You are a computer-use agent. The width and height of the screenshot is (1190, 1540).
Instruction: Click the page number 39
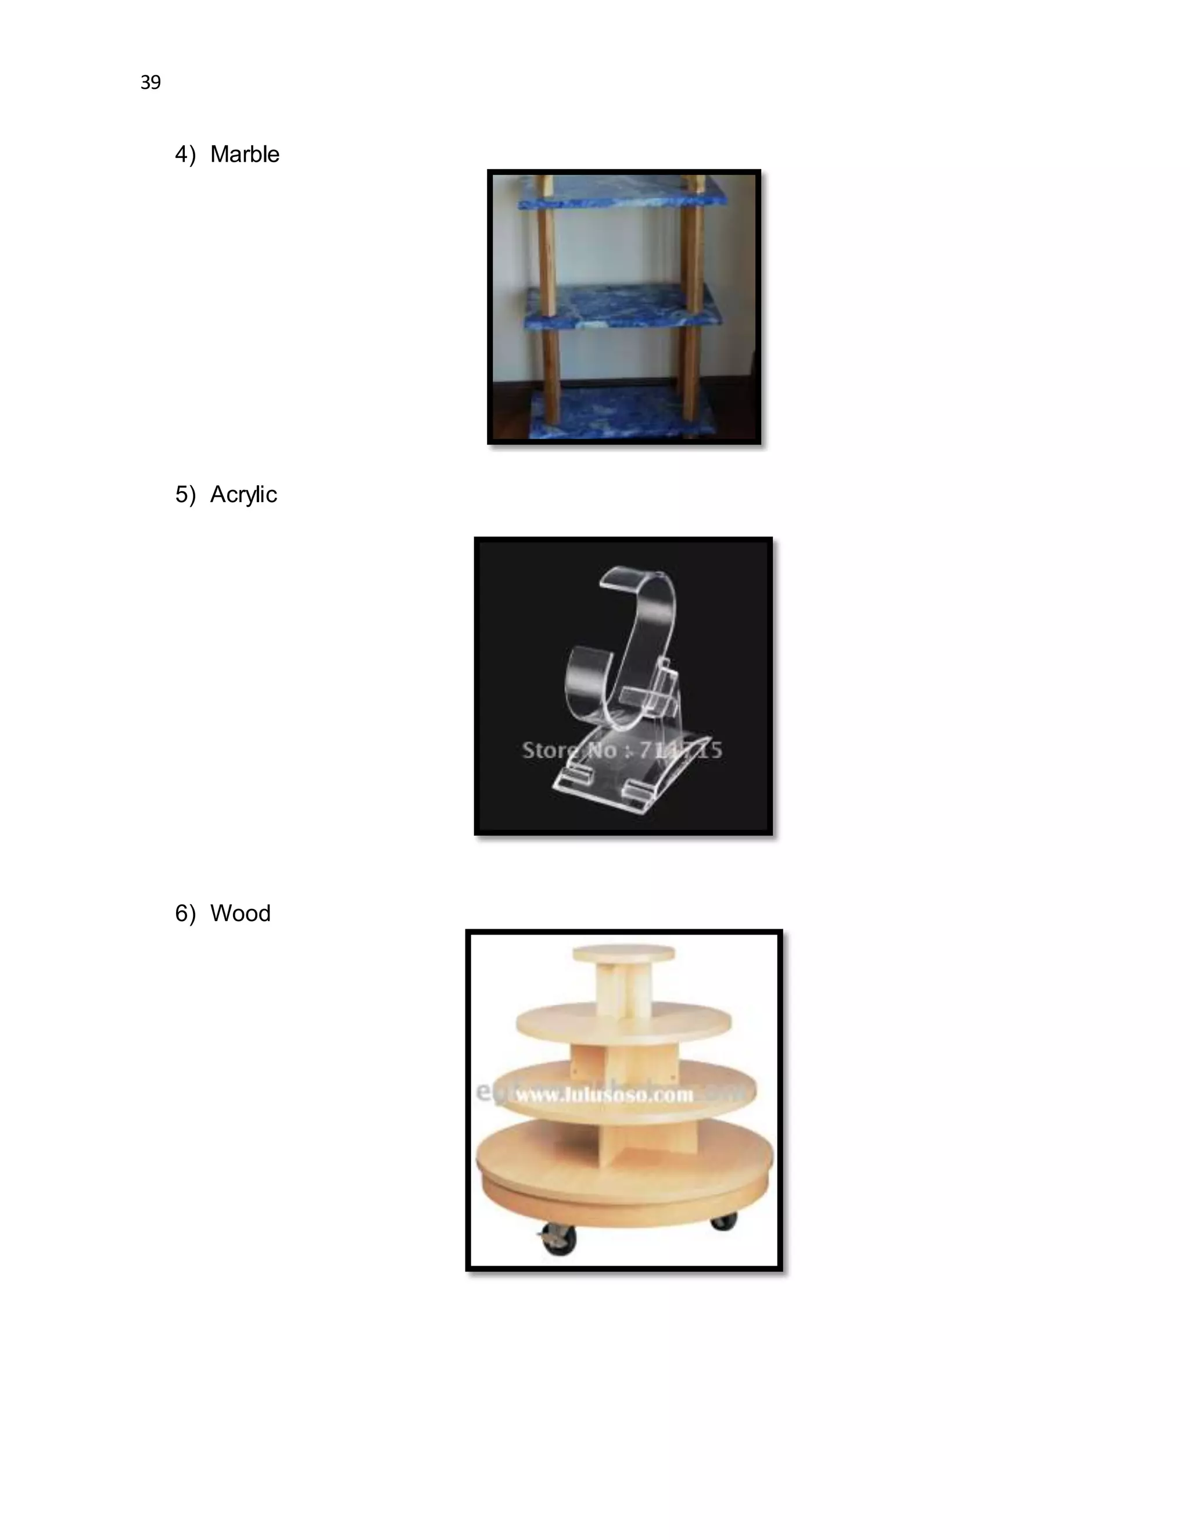(x=150, y=83)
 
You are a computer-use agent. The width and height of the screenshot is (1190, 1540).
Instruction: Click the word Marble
(x=244, y=155)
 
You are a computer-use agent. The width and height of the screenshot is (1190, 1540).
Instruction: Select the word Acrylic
(x=243, y=495)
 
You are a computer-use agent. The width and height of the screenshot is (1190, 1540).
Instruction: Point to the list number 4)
(x=185, y=155)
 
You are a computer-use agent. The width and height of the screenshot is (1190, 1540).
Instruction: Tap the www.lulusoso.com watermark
(x=604, y=1095)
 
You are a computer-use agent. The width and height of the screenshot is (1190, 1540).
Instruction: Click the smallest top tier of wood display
(x=623, y=953)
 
